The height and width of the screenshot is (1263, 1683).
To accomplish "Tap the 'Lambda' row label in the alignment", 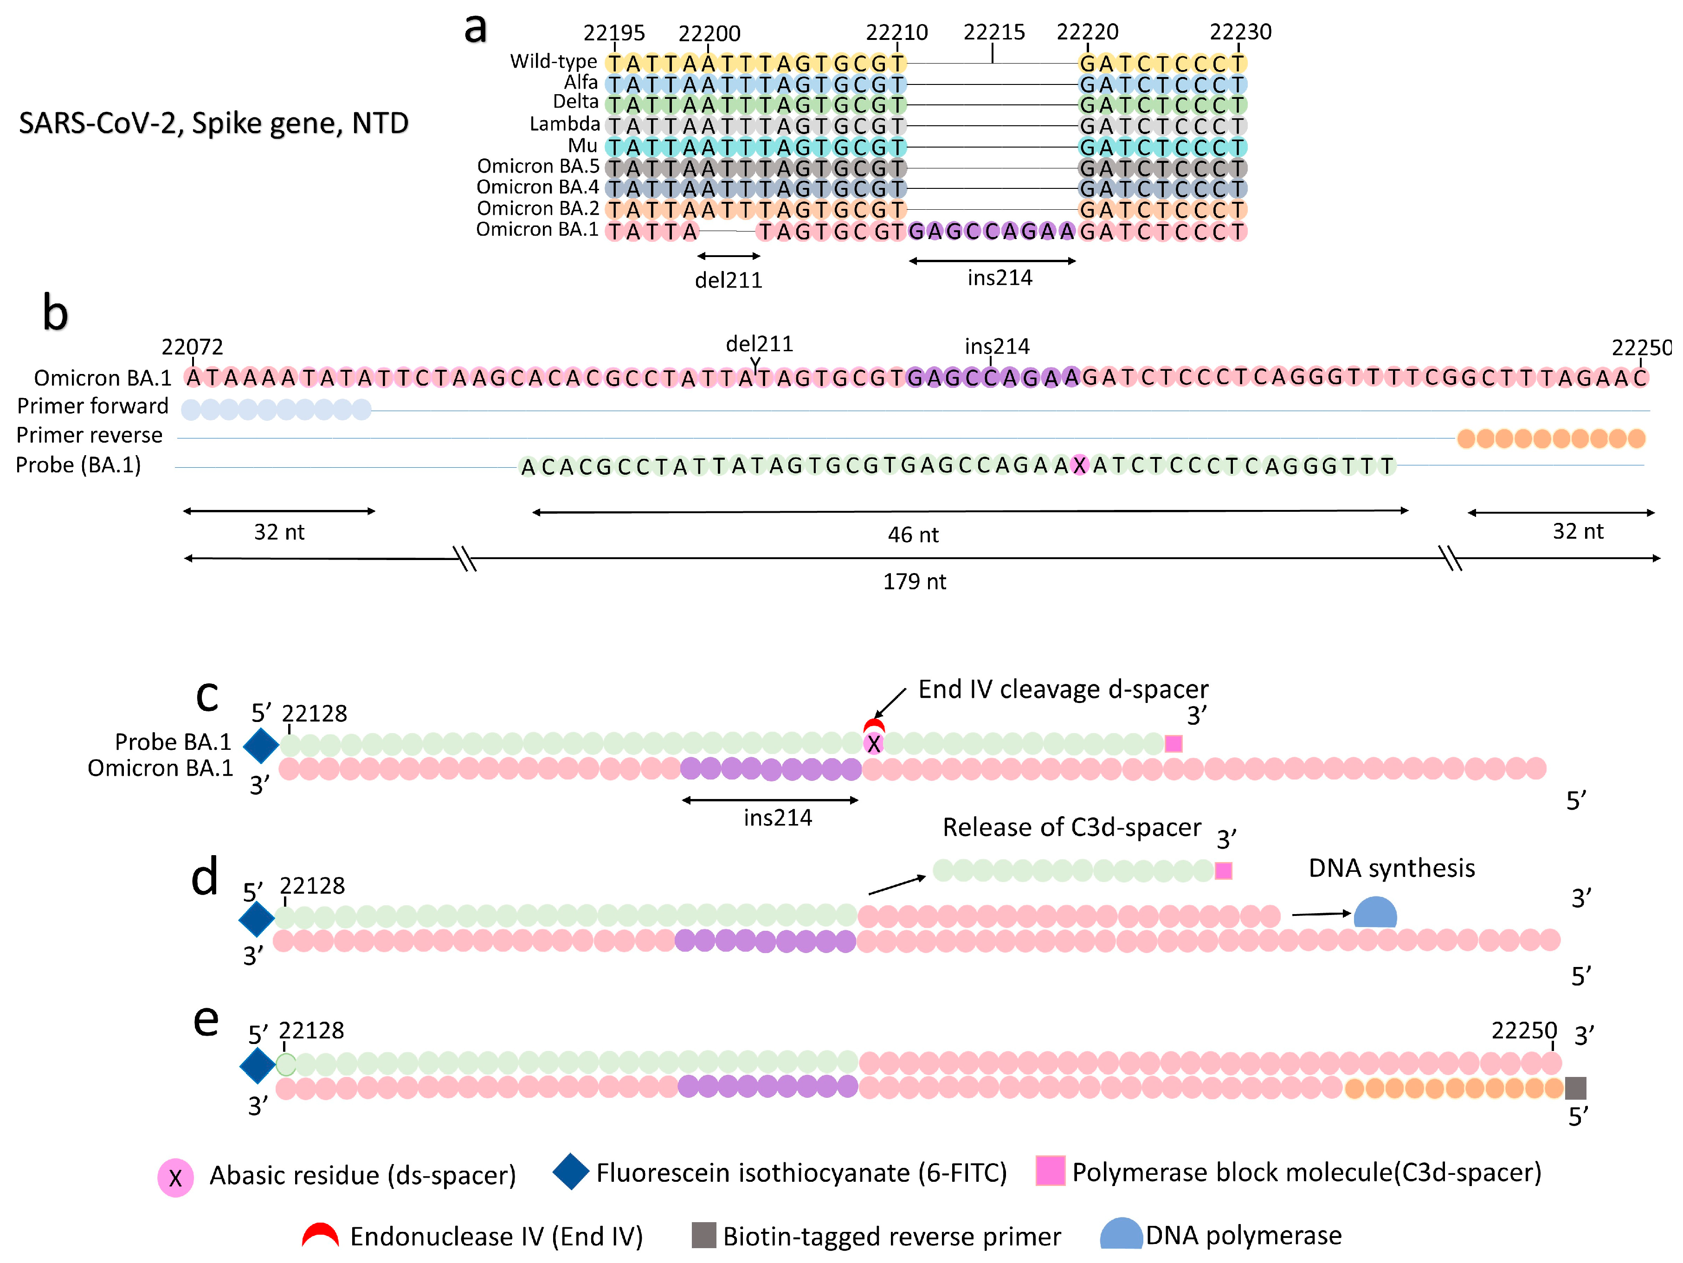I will click(565, 124).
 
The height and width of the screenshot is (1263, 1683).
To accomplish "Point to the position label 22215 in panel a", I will click(993, 32).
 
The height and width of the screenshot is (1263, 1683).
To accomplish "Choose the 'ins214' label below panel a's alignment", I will click(1000, 278).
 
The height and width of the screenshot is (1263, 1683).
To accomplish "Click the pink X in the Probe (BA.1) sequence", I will click(1079, 466).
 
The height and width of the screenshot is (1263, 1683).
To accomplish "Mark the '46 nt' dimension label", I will click(913, 535).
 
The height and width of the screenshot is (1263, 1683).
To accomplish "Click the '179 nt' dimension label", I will click(915, 582).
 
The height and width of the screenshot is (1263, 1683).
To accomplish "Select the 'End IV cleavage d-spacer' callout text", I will click(1063, 689).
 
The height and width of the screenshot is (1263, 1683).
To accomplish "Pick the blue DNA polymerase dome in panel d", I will click(1375, 912).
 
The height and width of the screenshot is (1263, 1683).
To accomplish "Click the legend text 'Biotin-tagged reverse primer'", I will click(892, 1237).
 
